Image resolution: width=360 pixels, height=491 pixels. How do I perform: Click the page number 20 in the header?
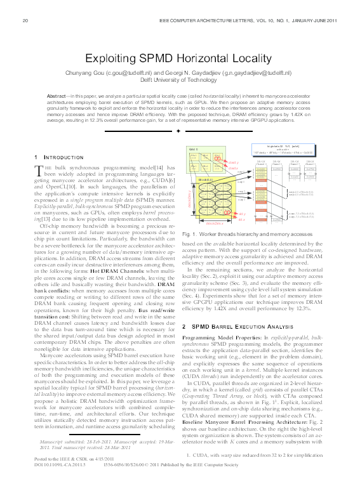click(x=25, y=21)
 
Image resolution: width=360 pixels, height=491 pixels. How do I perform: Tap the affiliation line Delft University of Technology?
click(x=180, y=80)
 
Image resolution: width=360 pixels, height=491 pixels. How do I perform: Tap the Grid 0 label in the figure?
click(x=194, y=148)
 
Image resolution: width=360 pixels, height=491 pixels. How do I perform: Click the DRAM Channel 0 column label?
click(x=260, y=162)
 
